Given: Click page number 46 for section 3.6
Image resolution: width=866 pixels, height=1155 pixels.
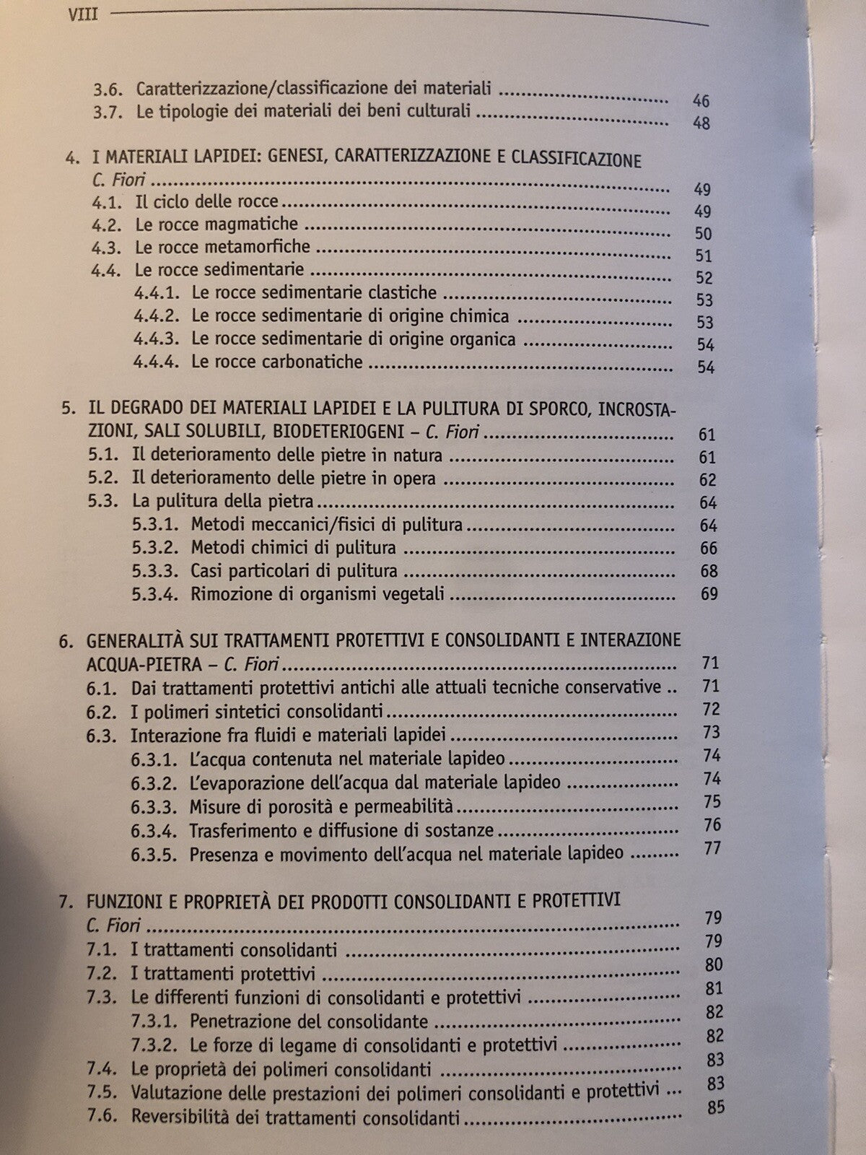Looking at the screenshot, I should (701, 100).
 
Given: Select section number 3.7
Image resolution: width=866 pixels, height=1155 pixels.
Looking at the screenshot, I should (110, 111).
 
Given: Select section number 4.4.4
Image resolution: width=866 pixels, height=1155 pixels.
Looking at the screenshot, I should (157, 362).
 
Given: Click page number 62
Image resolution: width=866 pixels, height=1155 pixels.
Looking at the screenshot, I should (708, 480).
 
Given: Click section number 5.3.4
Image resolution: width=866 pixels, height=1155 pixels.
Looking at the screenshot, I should (154, 594).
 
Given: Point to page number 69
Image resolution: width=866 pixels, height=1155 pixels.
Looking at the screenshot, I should (709, 594).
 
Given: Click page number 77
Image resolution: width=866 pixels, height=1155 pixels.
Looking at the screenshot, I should (712, 847).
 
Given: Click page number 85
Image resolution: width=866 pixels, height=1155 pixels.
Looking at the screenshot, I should (715, 1106).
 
